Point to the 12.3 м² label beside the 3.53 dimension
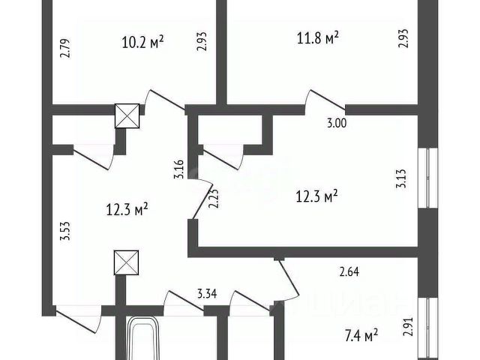pyautogui.click(x=127, y=210)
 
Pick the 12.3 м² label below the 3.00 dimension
pyautogui.click(x=318, y=195)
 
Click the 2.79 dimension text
pyautogui.click(x=65, y=49)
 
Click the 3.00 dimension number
pyautogui.click(x=337, y=125)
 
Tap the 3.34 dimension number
pyautogui.click(x=208, y=293)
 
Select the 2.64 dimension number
pyautogui.click(x=349, y=271)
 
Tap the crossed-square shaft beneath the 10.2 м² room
pyautogui.click(x=126, y=116)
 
